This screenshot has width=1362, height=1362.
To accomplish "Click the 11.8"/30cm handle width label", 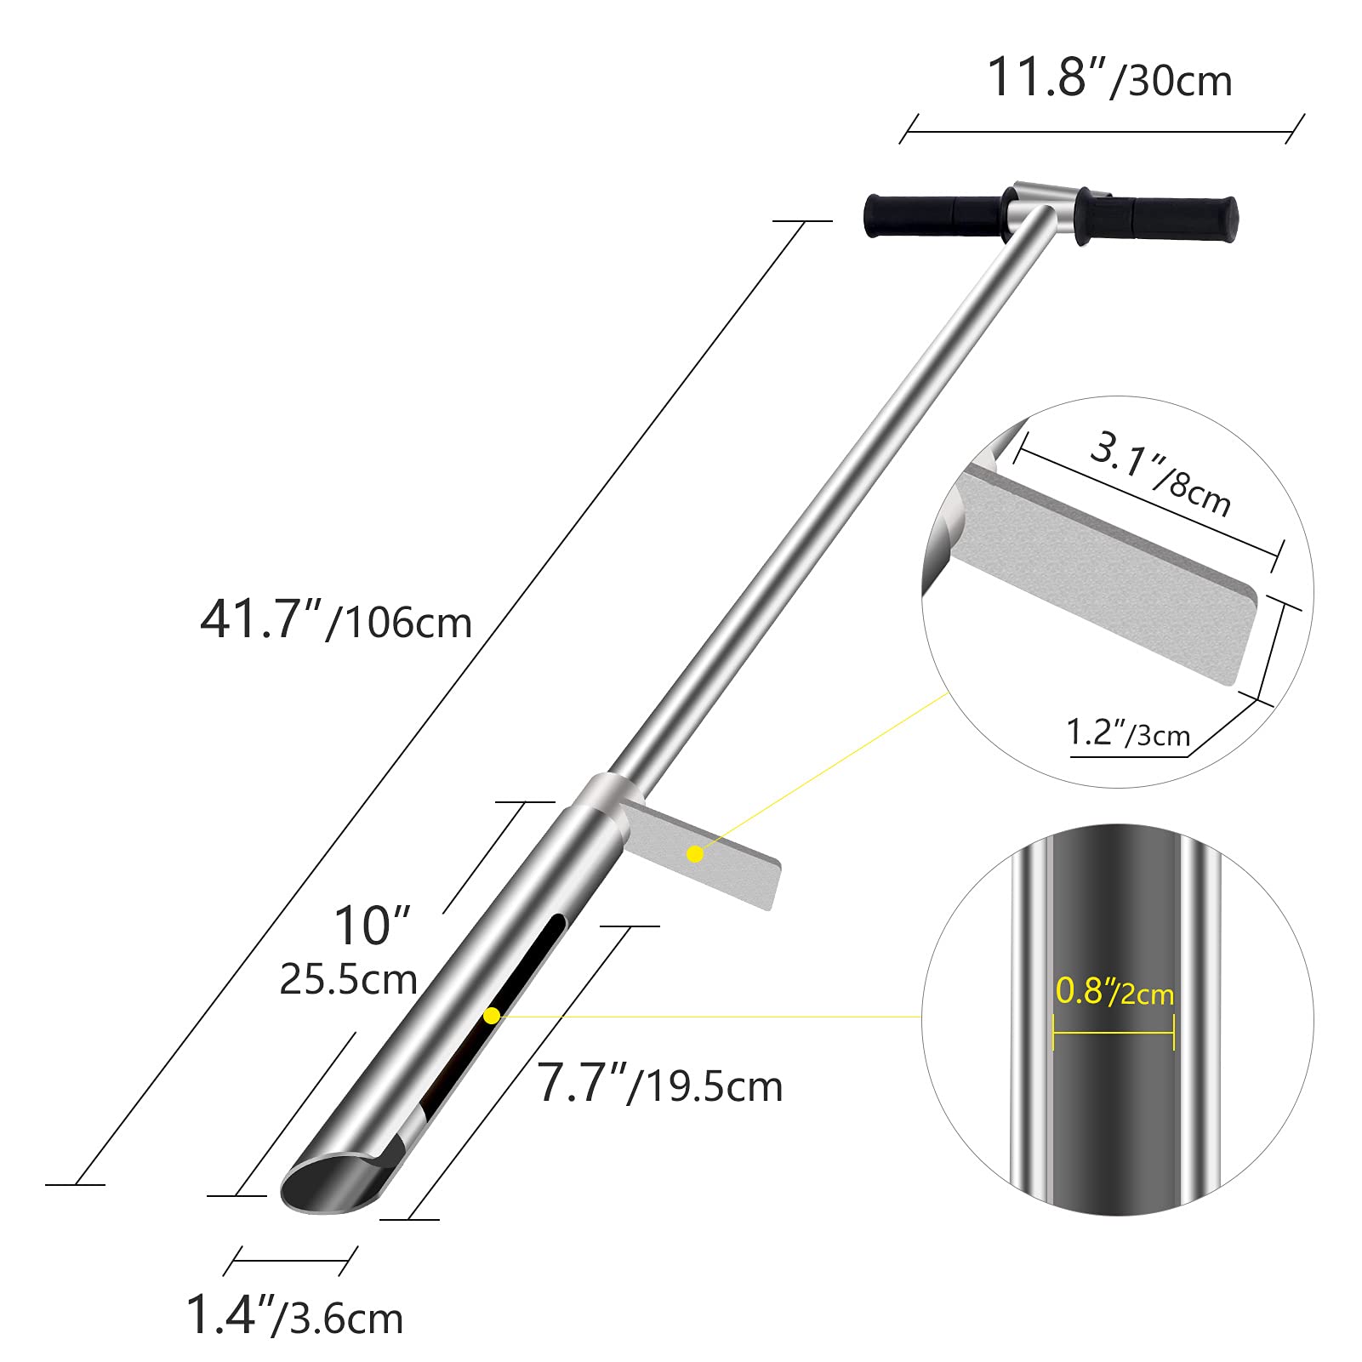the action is [1109, 78].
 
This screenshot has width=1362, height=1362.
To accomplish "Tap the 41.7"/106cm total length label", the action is [336, 619].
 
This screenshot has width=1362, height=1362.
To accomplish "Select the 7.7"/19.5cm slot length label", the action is [660, 1084].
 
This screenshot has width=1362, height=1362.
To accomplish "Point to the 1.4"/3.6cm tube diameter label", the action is [294, 1315].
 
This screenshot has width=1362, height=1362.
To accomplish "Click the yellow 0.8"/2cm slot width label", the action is [1114, 991].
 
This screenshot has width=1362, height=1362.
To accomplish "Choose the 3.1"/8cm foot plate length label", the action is [1160, 474].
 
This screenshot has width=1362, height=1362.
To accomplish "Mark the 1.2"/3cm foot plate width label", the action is [1128, 732].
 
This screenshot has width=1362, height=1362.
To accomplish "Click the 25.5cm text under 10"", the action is [349, 979].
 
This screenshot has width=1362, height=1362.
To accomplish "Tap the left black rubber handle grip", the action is [934, 216].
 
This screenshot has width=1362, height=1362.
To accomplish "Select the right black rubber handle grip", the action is [1157, 219].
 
